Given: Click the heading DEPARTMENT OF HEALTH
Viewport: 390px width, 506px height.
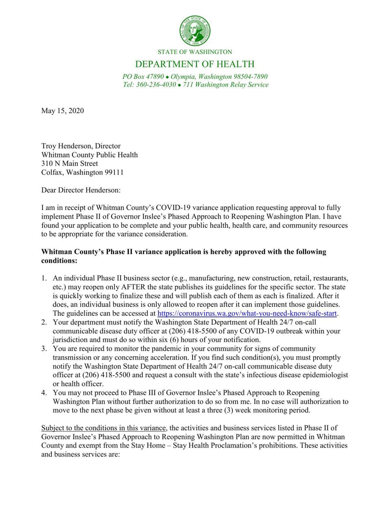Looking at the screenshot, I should pyautogui.click(x=195, y=64).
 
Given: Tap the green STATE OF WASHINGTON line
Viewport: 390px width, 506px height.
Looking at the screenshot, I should pyautogui.click(x=195, y=52).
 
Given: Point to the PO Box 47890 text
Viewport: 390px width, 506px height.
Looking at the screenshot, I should pyautogui.click(x=143, y=77).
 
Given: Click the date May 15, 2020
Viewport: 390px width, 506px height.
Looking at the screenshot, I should pyautogui.click(x=62, y=111).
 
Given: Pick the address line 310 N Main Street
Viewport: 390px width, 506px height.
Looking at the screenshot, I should pyautogui.click(x=69, y=163).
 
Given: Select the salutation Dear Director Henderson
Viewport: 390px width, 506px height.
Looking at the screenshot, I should pyautogui.click(x=81, y=190).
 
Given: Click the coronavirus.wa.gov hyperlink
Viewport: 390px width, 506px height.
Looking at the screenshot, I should pyautogui.click(x=247, y=314).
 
